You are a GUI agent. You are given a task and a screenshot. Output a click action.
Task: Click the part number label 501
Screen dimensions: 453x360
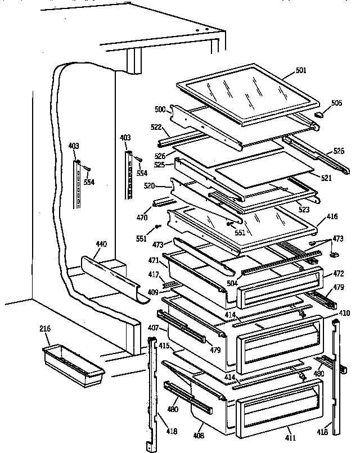[x=301, y=70]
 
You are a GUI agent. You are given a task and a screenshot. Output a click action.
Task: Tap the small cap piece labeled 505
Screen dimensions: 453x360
[x=319, y=114]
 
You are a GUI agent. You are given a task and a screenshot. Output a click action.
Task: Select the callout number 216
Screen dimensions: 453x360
[x=46, y=329]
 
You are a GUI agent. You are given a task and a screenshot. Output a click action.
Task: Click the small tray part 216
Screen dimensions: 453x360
[x=73, y=365]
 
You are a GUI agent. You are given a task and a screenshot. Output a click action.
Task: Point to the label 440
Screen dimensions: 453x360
[x=101, y=244]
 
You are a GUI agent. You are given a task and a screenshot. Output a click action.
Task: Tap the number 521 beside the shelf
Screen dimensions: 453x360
[x=326, y=178]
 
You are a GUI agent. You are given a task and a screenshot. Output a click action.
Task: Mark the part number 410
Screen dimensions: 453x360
[x=344, y=313]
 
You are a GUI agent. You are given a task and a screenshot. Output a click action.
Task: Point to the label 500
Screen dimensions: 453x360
[x=160, y=109]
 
